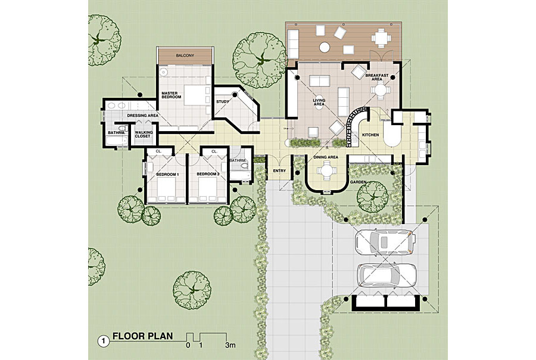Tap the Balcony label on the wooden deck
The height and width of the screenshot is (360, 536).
click(x=185, y=55)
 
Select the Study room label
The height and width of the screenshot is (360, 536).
click(x=223, y=101)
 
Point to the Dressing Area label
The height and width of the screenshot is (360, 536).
click(x=142, y=115)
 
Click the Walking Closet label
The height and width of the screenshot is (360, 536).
click(x=143, y=135)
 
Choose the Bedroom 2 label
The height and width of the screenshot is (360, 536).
click(x=208, y=174)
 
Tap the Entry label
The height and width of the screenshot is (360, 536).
click(x=279, y=172)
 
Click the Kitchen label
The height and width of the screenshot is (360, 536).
click(x=371, y=135)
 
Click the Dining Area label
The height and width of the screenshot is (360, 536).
click(x=326, y=157)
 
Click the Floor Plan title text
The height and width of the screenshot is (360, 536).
click(x=143, y=336)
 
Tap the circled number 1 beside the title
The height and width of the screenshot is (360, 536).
click(x=104, y=342)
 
